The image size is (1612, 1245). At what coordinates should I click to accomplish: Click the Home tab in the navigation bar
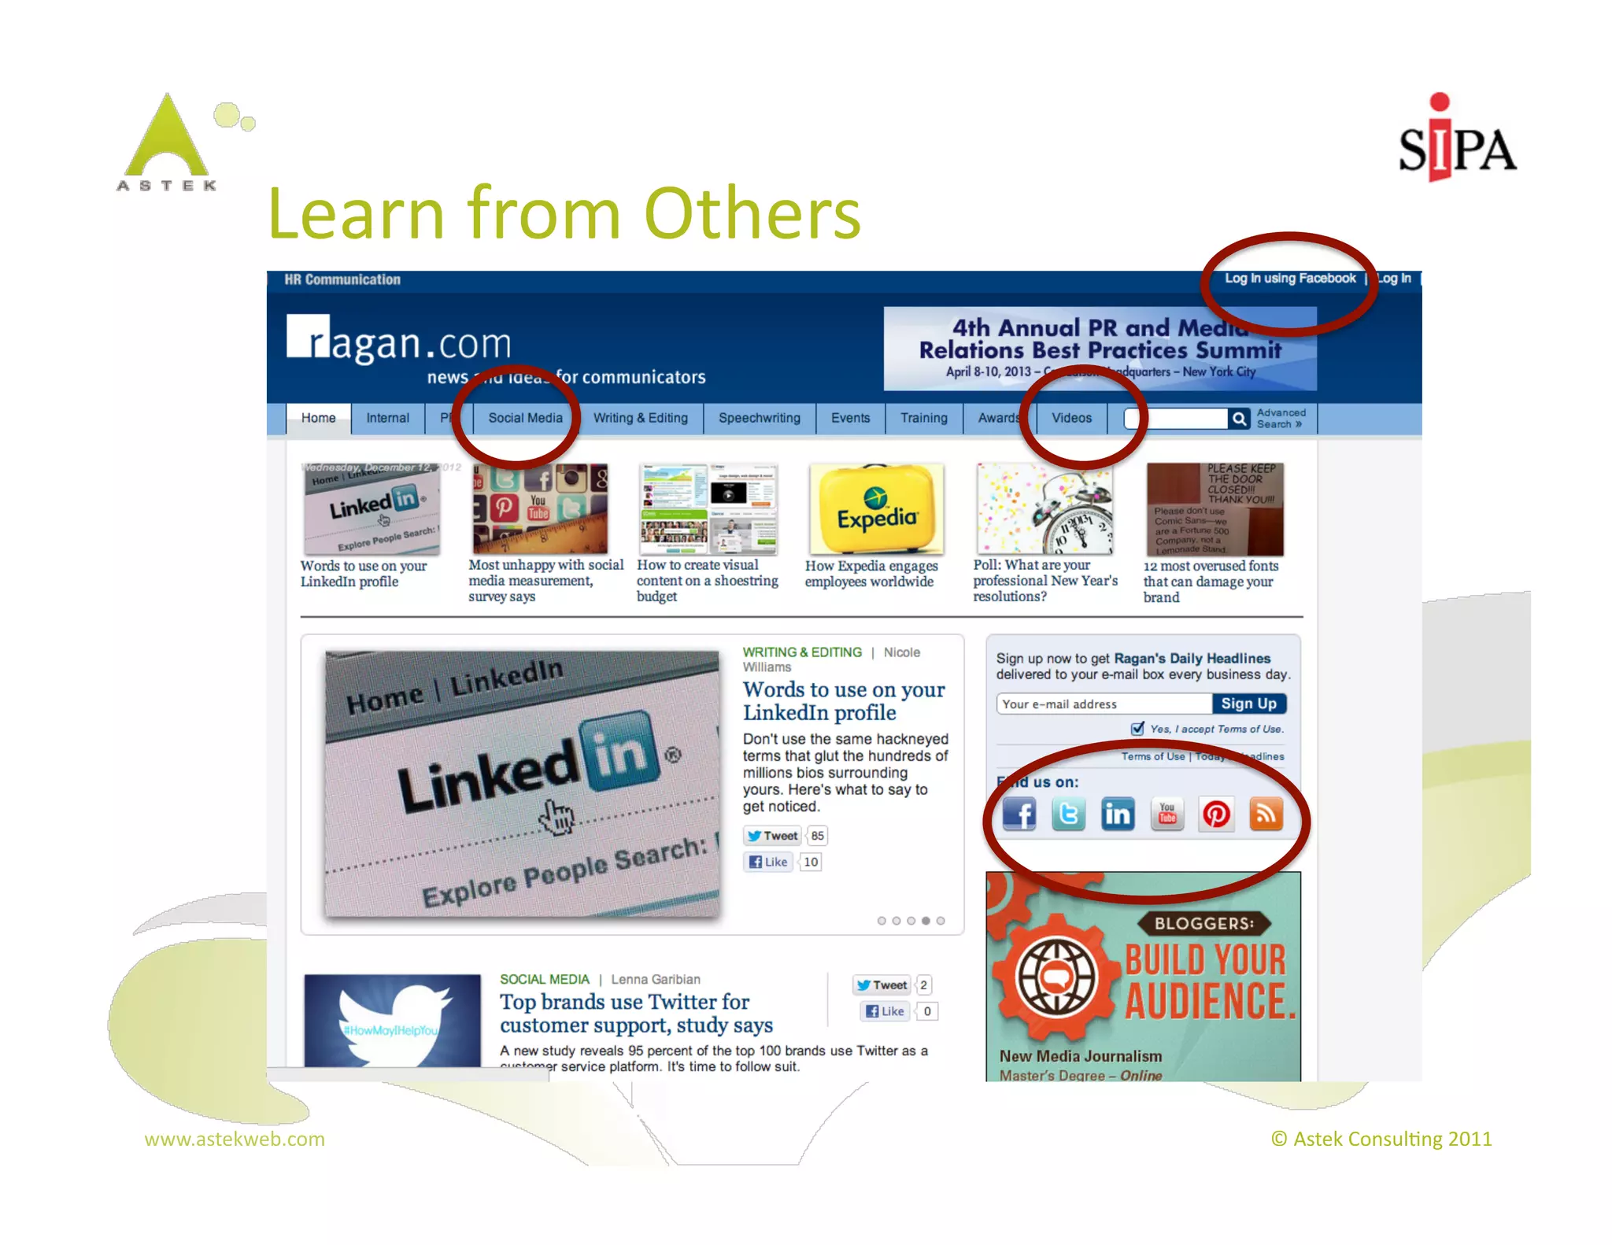[x=318, y=418]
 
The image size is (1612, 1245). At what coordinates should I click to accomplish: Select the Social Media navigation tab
[x=525, y=418]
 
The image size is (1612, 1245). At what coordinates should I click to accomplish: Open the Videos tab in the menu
[x=1071, y=418]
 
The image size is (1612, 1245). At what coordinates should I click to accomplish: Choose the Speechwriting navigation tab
[x=759, y=418]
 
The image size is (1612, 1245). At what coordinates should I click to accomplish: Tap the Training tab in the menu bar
[x=923, y=418]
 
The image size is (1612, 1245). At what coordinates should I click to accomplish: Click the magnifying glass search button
[x=1239, y=419]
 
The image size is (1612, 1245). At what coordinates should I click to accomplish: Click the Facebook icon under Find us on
[x=1019, y=814]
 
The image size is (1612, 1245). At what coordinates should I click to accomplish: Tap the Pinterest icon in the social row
[x=1216, y=814]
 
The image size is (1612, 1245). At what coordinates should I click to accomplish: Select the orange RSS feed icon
[x=1266, y=814]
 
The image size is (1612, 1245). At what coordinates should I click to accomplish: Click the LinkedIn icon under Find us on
[x=1118, y=814]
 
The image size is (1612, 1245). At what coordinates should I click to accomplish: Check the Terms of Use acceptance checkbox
[x=1137, y=729]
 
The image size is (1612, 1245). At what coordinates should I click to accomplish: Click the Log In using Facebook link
[x=1289, y=279]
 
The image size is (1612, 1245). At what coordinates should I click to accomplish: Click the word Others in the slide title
[x=752, y=214]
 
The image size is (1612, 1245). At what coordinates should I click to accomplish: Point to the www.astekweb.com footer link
[x=235, y=1139]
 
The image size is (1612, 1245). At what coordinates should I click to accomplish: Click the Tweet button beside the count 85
[x=773, y=836]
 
